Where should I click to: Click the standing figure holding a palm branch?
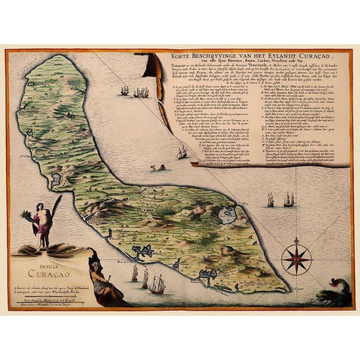pos(43,220)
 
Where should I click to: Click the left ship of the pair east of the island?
pos(270,200)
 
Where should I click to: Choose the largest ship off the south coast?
pos(157,284)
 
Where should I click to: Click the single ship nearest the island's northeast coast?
pos(181,151)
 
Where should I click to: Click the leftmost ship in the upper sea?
pos(124,91)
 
